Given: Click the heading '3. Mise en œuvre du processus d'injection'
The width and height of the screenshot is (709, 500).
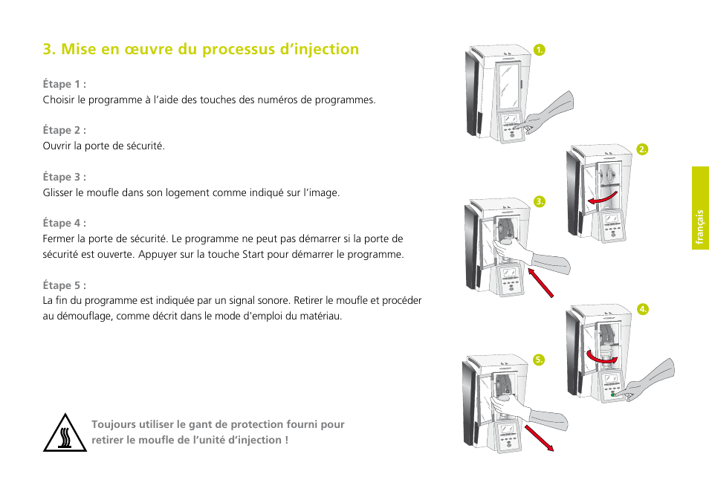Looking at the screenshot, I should tap(201, 49).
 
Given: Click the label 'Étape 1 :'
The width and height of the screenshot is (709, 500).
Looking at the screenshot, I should tap(64, 84).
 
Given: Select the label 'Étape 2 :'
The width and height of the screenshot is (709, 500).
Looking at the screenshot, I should tap(64, 130).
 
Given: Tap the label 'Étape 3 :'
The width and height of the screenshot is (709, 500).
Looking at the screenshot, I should tap(64, 177).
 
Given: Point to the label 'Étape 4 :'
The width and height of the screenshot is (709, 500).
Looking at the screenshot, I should tap(64, 223).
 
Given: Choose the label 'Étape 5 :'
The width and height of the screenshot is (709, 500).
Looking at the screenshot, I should tap(64, 285).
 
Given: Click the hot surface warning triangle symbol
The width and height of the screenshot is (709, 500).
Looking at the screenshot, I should tap(65, 433).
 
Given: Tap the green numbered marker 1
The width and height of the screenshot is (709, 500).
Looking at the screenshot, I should tap(540, 50).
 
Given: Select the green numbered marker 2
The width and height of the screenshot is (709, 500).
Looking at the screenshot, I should tap(643, 149).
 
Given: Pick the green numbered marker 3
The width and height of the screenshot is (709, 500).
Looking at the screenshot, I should tap(540, 201).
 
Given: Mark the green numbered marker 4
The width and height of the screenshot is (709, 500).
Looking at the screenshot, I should tap(643, 308).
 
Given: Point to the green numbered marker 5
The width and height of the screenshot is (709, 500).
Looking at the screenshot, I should tap(540, 360).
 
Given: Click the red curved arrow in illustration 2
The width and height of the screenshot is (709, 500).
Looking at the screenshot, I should tap(598, 200).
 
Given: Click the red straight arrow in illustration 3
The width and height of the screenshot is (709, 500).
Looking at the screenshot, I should tap(540, 282).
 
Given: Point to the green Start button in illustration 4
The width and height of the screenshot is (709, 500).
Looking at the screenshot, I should tap(614, 395).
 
